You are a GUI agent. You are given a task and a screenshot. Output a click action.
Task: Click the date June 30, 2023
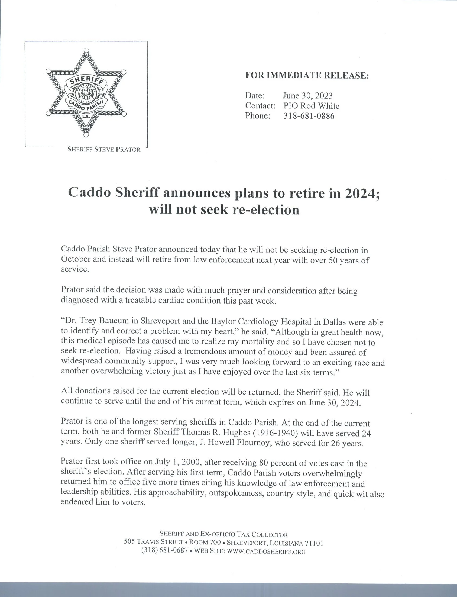(x=308, y=95)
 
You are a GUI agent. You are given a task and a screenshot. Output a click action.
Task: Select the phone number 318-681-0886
(x=309, y=116)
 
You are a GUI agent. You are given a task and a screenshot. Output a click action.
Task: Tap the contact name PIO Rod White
(x=311, y=106)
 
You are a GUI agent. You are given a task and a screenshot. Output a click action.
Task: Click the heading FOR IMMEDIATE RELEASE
(x=307, y=75)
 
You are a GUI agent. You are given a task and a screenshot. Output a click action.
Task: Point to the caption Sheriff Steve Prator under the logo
(x=104, y=149)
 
